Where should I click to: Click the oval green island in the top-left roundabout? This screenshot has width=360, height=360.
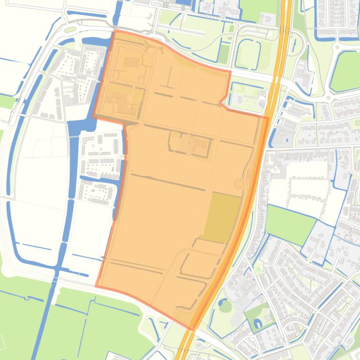pyautogui.click(x=70, y=29)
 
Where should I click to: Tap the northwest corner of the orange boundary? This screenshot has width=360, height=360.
pyautogui.click(x=114, y=31)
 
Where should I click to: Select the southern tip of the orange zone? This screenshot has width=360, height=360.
pyautogui.click(x=190, y=328)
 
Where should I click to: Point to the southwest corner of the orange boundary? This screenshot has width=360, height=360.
pyautogui.click(x=96, y=286)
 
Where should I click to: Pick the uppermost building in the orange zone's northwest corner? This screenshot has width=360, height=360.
pyautogui.click(x=131, y=62)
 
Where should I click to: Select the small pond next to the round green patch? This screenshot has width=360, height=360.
pyautogui.click(x=220, y=302)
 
